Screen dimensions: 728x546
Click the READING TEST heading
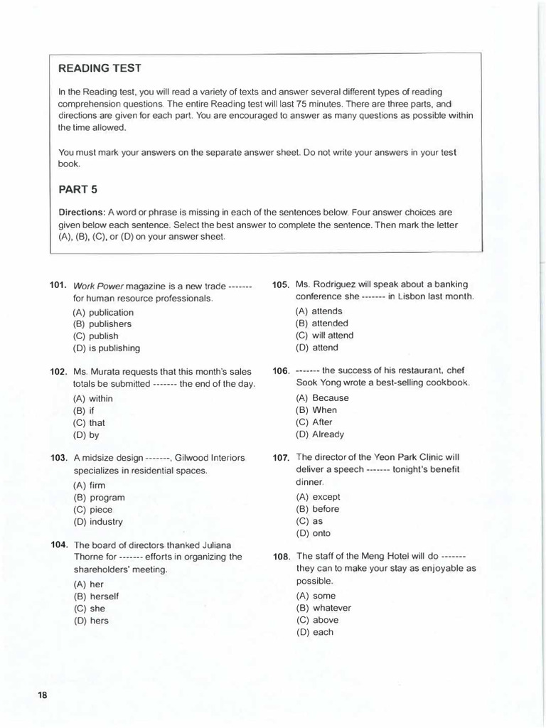pyautogui.click(x=100, y=68)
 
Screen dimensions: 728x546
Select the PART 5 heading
pyautogui.click(x=77, y=189)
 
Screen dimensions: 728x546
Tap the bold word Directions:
pyautogui.click(x=81, y=213)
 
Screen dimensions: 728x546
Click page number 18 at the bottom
pyautogui.click(x=42, y=695)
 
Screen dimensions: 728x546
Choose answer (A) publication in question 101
pyautogui.click(x=103, y=312)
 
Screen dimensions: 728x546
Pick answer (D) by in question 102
pyautogui.click(x=86, y=435)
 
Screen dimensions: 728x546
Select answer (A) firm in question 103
pyautogui.click(x=89, y=486)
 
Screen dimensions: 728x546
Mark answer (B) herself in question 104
pyautogui.click(x=95, y=596)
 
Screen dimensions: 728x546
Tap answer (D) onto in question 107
pyautogui.click(x=313, y=533)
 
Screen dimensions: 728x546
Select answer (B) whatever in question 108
pyautogui.click(x=323, y=608)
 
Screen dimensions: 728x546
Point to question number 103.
pyautogui.click(x=59, y=458)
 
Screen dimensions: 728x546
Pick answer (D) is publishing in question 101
pyautogui.click(x=107, y=348)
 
